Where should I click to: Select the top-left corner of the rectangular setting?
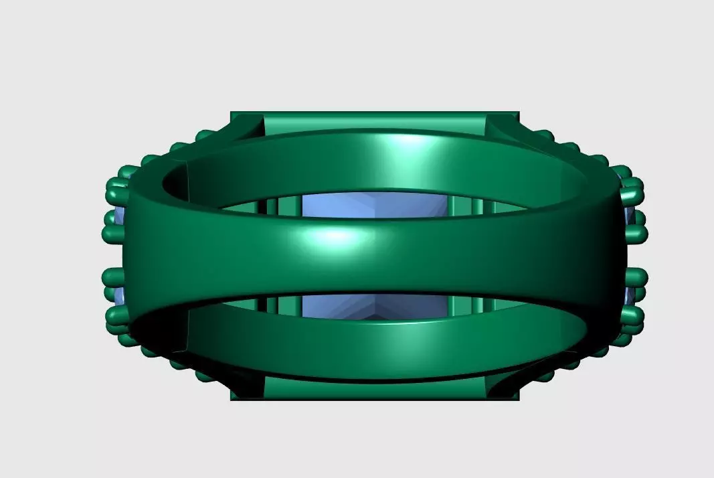232,113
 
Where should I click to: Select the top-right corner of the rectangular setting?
519,113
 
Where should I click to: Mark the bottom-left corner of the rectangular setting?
232,399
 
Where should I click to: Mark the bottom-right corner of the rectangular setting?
519,399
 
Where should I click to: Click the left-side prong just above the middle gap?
112,234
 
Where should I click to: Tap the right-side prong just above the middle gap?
636,234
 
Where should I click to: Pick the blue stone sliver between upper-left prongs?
119,216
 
